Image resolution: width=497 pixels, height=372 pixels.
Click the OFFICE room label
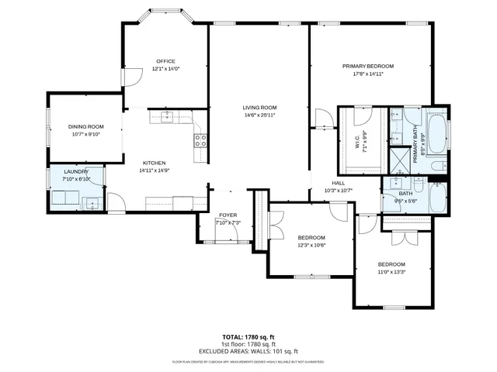165,61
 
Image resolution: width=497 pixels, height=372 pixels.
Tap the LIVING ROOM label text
259,108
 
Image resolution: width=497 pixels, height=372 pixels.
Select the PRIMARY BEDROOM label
368,67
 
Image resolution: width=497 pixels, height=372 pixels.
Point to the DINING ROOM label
85,126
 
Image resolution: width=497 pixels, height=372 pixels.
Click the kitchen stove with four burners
200,140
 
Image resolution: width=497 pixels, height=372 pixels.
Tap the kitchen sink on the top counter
167,117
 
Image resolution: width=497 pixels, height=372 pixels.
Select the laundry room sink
92,204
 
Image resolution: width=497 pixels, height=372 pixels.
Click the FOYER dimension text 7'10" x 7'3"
228,223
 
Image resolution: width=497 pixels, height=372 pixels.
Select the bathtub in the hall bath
435,195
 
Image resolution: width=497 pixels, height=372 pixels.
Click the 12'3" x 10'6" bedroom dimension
311,245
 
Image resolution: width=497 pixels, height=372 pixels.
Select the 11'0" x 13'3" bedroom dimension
391,272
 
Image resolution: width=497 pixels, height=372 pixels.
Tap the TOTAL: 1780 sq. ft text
248,337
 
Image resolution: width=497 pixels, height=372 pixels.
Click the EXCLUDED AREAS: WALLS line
248,351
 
